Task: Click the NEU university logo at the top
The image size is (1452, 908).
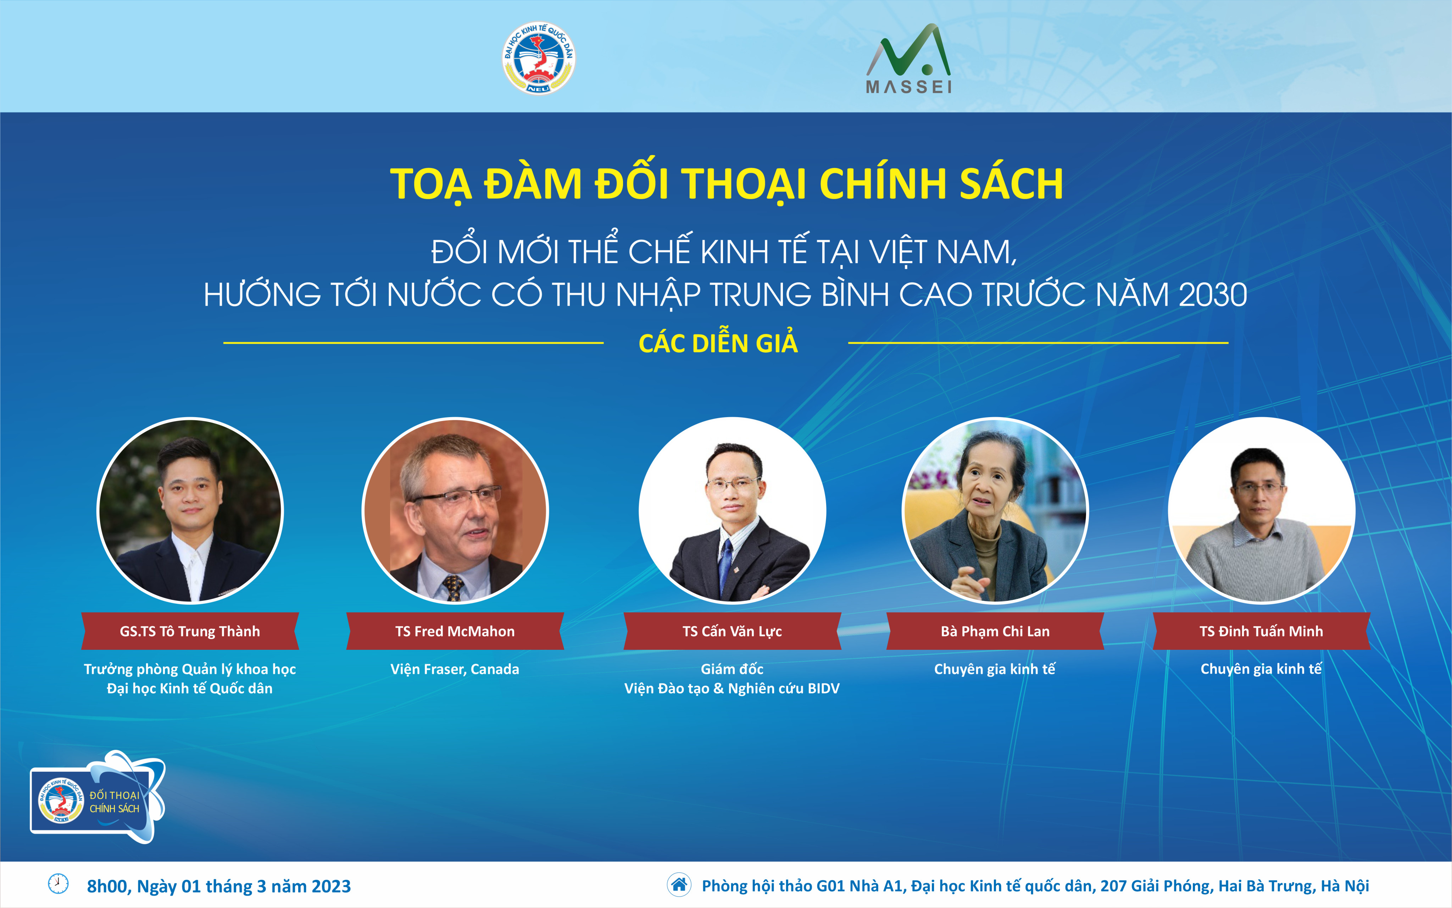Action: pos(538,58)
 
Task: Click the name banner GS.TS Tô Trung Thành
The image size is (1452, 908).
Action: pos(190,631)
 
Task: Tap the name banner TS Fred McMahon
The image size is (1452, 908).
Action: pos(455,631)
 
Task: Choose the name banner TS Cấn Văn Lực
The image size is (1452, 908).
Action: pos(732,631)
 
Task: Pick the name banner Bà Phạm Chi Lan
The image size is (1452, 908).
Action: pos(995,631)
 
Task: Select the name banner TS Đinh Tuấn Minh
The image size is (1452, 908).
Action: pos(1261,631)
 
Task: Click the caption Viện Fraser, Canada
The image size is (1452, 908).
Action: pos(455,669)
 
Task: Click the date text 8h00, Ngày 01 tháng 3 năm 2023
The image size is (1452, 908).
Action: pos(219,886)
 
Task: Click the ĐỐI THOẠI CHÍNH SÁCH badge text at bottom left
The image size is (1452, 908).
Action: pos(114,802)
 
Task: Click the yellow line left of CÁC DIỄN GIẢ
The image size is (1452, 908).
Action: pos(413,343)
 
